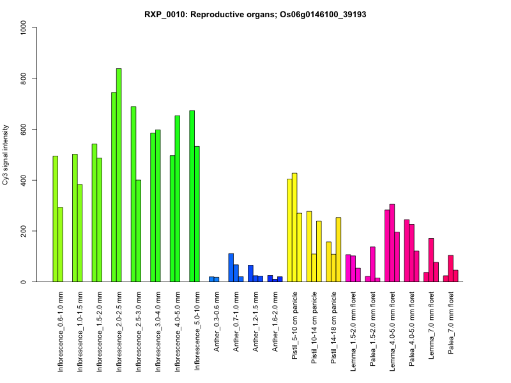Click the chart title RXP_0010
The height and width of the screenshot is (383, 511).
tap(256, 15)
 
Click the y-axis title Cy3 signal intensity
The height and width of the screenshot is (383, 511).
tap(6, 154)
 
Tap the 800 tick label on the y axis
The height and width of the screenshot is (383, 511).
tap(24, 79)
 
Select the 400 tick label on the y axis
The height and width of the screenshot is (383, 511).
tap(24, 180)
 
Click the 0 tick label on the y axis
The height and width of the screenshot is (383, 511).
tap(24, 282)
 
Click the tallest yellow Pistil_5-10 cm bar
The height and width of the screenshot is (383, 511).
tap(294, 227)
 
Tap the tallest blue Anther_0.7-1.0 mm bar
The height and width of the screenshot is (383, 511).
tap(231, 267)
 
